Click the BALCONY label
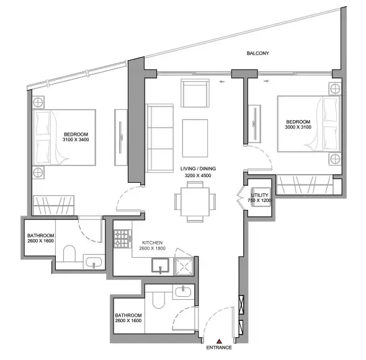coord(257,55)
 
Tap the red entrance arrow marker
coord(219,341)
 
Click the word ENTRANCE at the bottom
coord(219,348)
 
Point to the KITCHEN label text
coord(152,242)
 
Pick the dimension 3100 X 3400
coord(77,141)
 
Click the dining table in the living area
coord(194,202)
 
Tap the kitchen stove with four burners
coord(122,237)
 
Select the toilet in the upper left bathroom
coord(69,254)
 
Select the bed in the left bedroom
coord(65,138)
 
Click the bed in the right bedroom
coord(309,123)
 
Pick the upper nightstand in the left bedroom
coord(38,102)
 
